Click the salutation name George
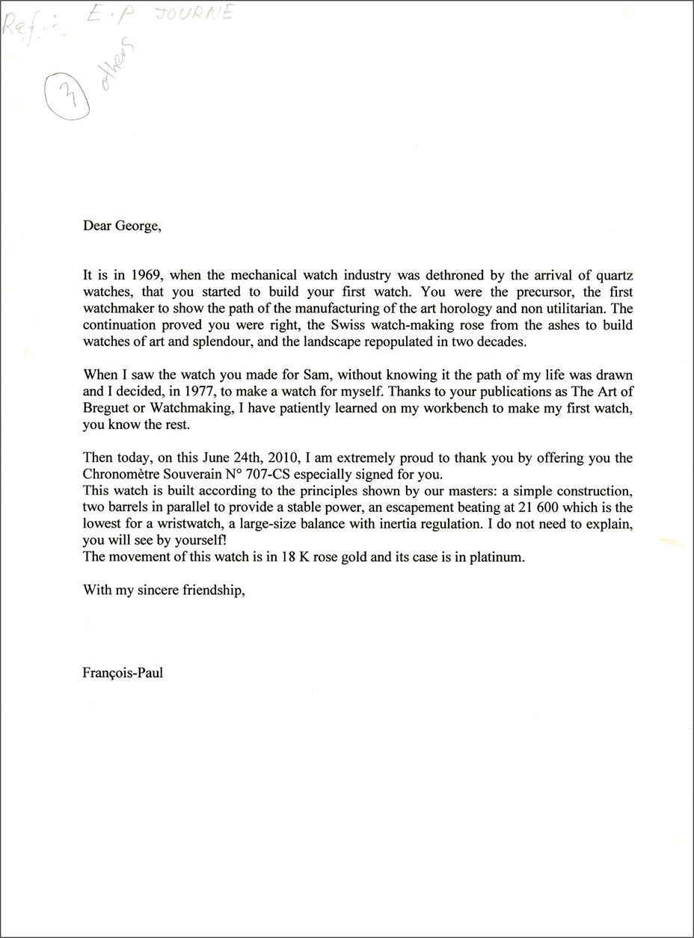click(x=137, y=226)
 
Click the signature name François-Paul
click(x=123, y=672)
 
